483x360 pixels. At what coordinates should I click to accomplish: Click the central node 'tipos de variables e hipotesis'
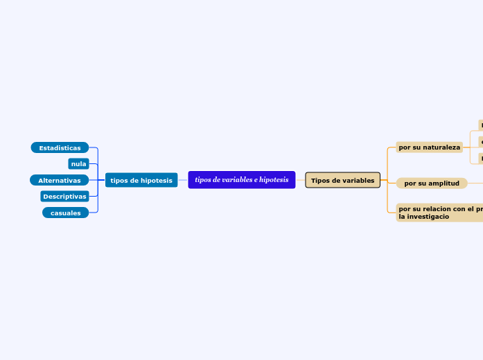(x=241, y=180)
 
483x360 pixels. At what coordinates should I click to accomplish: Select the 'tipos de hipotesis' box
(x=141, y=180)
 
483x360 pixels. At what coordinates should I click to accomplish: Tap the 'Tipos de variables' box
(x=342, y=180)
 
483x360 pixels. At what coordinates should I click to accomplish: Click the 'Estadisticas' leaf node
(x=60, y=147)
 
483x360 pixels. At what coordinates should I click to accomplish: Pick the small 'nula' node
(x=78, y=164)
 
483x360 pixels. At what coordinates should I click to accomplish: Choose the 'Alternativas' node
(x=59, y=180)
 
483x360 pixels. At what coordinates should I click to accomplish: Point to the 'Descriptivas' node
(x=64, y=197)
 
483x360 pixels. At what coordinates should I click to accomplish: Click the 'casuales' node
(x=65, y=213)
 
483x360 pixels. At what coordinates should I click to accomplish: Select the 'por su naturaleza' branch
(x=429, y=147)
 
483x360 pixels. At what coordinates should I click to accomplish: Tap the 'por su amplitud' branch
(x=431, y=183)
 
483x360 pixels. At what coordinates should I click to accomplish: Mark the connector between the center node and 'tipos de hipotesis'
(x=183, y=180)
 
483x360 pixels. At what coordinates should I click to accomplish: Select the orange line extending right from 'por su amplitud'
(x=475, y=183)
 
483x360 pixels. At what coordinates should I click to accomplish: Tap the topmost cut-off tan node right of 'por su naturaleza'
(x=480, y=125)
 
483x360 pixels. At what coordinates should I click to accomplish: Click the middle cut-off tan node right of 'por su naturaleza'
(x=480, y=141)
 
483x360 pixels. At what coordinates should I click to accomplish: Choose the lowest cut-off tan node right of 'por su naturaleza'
(x=480, y=159)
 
